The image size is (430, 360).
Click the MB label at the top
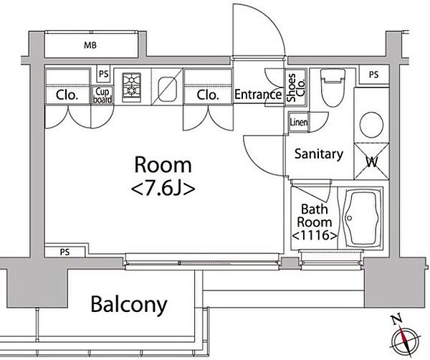click(90, 45)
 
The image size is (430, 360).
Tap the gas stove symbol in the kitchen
click(132, 87)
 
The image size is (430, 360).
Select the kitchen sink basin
click(167, 89)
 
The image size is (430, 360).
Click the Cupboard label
click(102, 95)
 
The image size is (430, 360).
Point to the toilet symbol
click(333, 87)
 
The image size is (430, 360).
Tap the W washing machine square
click(371, 161)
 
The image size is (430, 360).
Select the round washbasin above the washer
click(371, 125)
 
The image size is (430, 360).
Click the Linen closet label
click(298, 122)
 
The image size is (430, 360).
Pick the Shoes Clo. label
click(295, 87)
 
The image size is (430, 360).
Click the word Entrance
click(258, 95)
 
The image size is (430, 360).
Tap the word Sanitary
click(319, 153)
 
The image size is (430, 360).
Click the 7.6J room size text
click(163, 189)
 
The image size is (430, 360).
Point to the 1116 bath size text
click(315, 235)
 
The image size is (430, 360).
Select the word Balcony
click(129, 305)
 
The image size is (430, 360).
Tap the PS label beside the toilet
click(373, 75)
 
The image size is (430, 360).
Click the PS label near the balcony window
click(65, 252)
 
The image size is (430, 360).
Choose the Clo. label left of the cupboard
click(67, 95)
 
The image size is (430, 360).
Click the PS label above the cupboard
click(104, 74)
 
